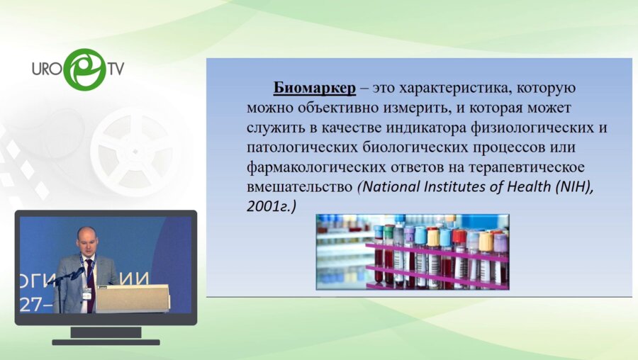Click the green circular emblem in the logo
point(84,69)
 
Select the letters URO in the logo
point(47,70)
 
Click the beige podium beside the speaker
point(132,298)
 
